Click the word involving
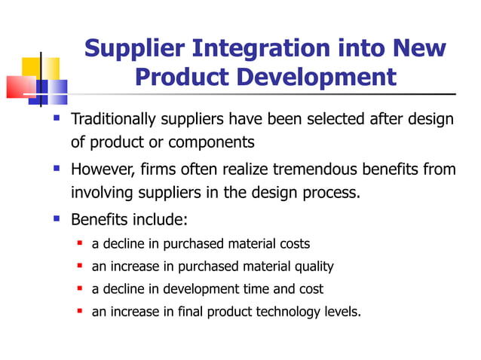[100, 192]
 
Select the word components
[213, 142]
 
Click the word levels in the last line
[342, 311]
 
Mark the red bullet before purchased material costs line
[80, 243]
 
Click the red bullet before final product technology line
[80, 311]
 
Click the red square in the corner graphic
[20, 87]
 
